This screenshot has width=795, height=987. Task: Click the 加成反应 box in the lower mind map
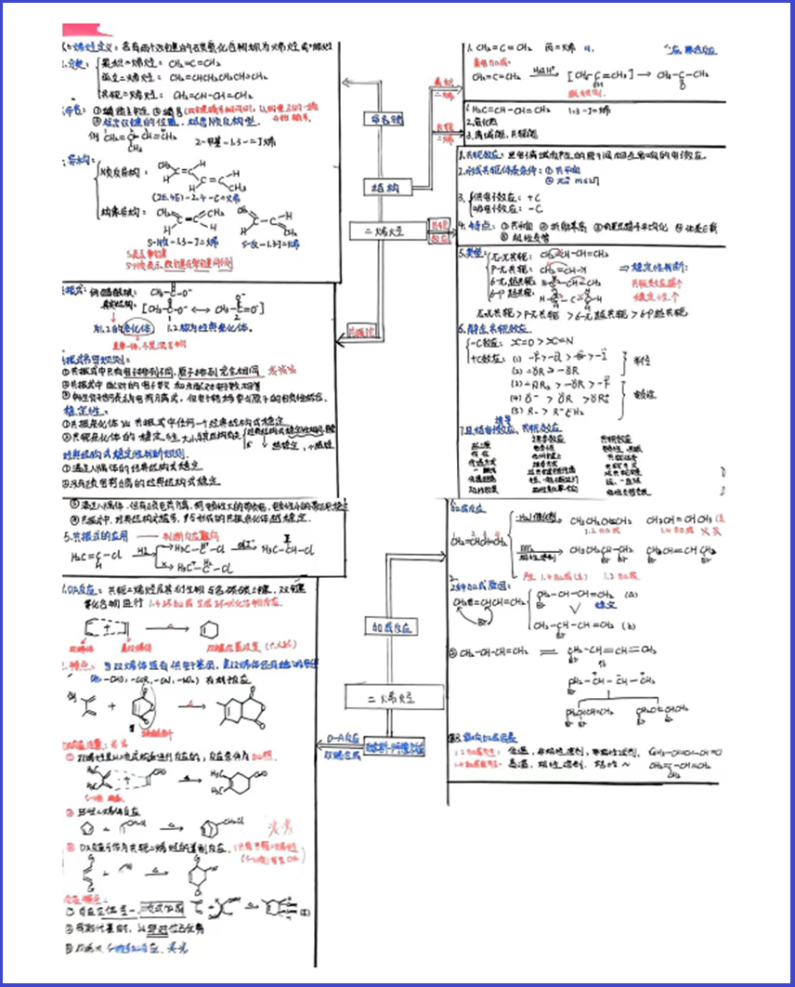click(390, 627)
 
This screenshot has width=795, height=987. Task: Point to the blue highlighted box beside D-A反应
click(395, 747)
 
